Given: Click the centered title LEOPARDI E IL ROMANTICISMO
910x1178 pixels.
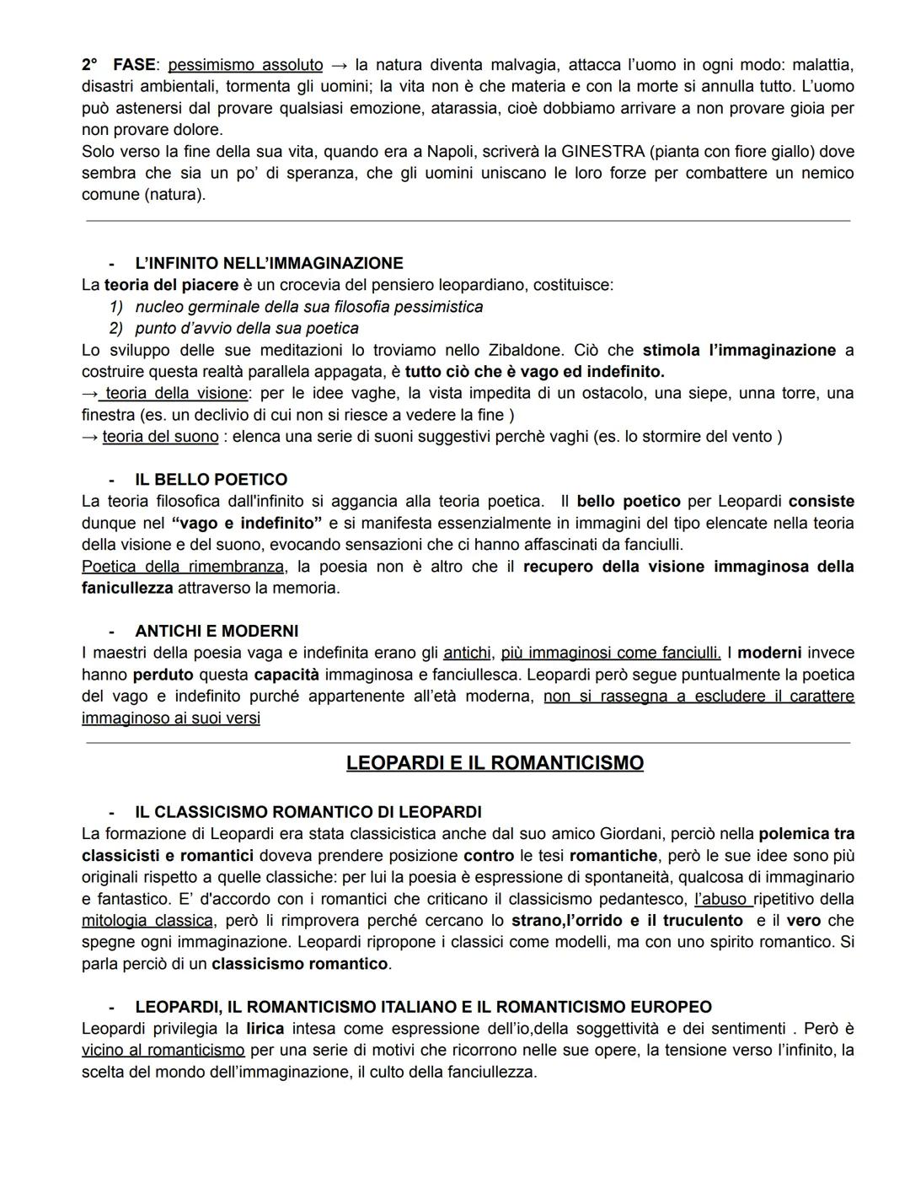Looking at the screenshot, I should click(495, 763).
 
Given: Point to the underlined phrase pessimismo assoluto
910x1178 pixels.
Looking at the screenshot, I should click(245, 65).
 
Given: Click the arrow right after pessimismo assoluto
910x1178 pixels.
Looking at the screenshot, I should click(339, 65).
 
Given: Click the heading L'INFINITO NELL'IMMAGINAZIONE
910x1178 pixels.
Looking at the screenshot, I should click(269, 263).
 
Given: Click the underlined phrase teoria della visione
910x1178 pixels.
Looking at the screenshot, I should click(176, 393).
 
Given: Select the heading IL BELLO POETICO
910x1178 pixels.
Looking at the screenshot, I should click(211, 480).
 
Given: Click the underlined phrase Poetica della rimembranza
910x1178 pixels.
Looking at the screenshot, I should click(183, 567).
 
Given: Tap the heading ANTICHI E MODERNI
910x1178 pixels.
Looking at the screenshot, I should click(217, 632).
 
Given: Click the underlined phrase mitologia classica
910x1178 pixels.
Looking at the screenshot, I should click(147, 921).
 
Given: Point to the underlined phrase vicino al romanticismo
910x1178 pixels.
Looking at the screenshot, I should click(163, 1051).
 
